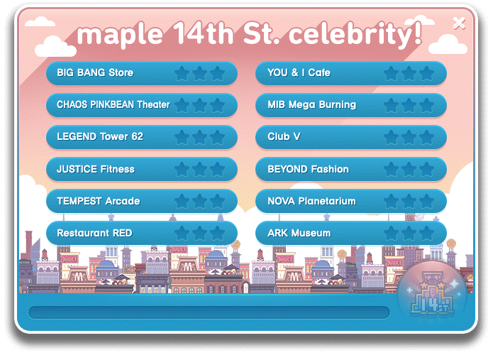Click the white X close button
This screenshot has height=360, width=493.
click(x=459, y=23)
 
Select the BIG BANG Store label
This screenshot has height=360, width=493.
click(x=95, y=72)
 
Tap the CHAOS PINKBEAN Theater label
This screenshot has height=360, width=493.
click(x=113, y=104)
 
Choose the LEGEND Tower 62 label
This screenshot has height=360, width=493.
click(x=100, y=136)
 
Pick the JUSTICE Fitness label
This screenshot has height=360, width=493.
click(x=96, y=169)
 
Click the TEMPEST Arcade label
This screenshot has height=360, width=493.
click(x=99, y=201)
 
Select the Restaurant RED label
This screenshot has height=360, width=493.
click(x=94, y=233)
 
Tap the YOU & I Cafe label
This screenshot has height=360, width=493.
click(x=299, y=72)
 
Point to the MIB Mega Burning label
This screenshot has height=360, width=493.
click(x=311, y=104)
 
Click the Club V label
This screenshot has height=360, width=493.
click(x=284, y=136)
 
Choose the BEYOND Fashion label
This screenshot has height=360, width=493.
click(x=308, y=169)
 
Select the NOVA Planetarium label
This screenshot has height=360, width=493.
click(x=311, y=201)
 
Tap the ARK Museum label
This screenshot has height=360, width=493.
click(x=299, y=233)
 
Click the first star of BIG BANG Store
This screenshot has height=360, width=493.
click(x=182, y=73)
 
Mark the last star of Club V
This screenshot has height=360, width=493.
click(x=426, y=138)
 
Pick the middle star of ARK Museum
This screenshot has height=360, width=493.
click(x=409, y=234)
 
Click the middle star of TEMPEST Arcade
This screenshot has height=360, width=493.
click(x=199, y=202)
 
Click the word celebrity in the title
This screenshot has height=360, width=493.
click(x=355, y=34)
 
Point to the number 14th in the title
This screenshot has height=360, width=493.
click(x=204, y=33)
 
